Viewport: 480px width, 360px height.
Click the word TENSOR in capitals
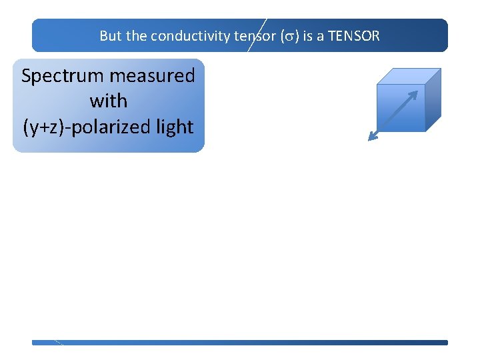[x=353, y=36]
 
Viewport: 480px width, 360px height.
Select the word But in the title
[x=111, y=36]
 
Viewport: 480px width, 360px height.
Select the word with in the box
[x=108, y=101]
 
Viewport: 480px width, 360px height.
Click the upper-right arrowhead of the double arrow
[x=413, y=95]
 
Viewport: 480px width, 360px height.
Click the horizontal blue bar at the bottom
[x=240, y=343]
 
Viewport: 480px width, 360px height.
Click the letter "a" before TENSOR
[x=320, y=36]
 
